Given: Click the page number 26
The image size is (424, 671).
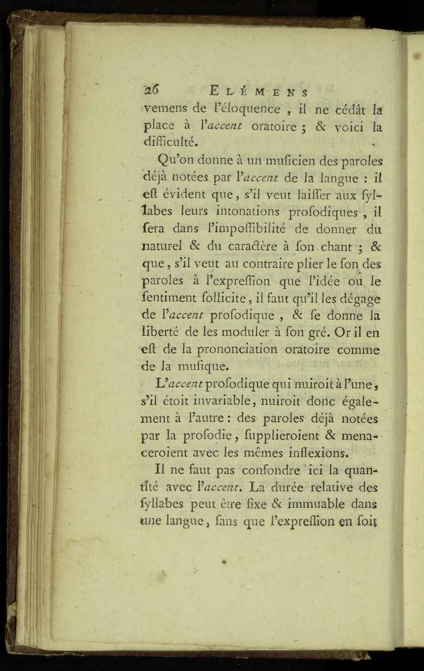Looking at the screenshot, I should (153, 91).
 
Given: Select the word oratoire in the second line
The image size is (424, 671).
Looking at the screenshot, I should (276, 125).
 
